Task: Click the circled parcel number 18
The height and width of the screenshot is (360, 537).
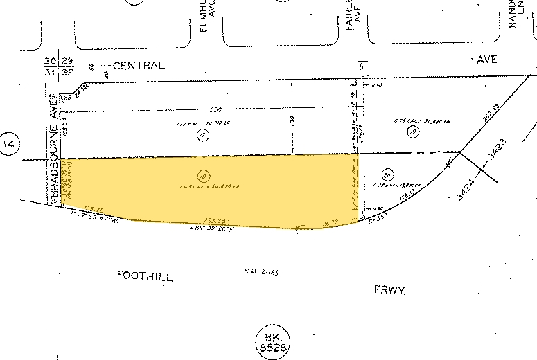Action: coord(203,175)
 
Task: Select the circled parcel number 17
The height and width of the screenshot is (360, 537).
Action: coord(203,136)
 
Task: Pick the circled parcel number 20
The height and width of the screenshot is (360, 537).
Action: coord(388,174)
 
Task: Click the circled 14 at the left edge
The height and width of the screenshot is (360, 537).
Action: coord(10,144)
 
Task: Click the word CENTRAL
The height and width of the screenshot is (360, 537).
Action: coord(139,66)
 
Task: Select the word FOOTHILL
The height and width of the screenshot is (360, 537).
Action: coord(144,276)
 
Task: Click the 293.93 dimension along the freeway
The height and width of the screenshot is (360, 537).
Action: coord(216,220)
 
